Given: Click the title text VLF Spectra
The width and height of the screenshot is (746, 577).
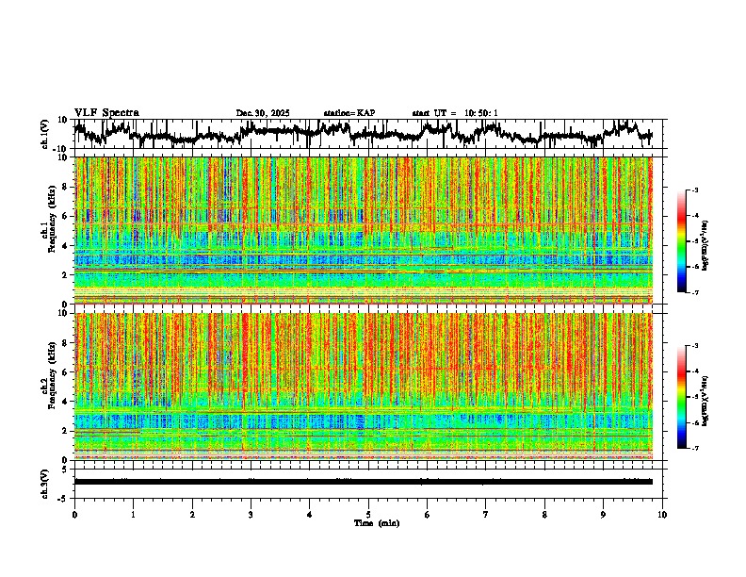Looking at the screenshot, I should (106, 112).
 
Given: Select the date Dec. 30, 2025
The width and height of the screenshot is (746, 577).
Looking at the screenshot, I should (263, 113).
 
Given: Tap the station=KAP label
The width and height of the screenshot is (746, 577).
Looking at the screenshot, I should (349, 113).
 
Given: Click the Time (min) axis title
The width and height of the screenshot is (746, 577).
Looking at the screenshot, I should (376, 522).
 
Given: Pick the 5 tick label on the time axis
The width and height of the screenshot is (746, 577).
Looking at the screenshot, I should (368, 514).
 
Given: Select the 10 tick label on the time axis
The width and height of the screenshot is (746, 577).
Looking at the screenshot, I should (663, 514).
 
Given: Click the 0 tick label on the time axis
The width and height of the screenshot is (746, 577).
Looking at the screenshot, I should (74, 514).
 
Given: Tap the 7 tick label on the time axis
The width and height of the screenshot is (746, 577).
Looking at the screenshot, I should (486, 514).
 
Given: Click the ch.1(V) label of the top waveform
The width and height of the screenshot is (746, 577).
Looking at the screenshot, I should (45, 134).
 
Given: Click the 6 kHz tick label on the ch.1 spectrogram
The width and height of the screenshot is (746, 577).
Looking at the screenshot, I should (66, 216).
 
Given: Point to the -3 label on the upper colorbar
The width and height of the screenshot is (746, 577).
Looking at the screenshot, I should (698, 191).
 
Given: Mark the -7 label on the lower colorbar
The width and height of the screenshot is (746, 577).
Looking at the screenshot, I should (698, 449).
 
